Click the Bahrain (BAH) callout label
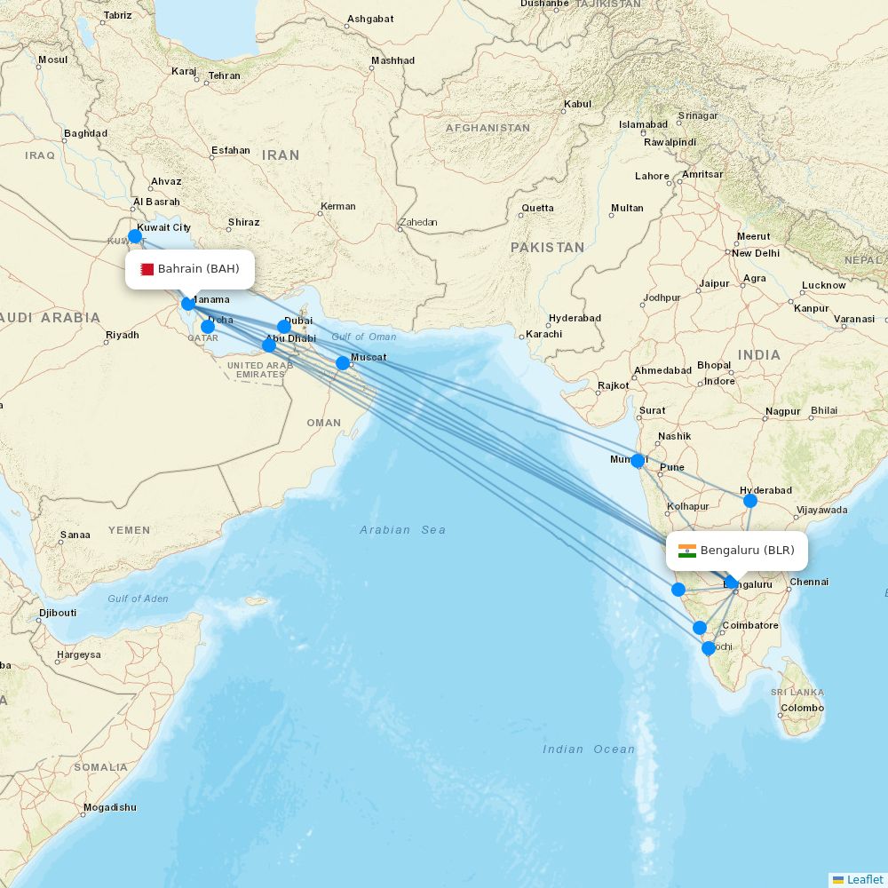(x=189, y=269)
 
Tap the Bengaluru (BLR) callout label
(x=737, y=551)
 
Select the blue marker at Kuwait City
(x=134, y=236)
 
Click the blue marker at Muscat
(x=343, y=362)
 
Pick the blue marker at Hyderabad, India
(x=750, y=501)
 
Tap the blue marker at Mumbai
(x=638, y=461)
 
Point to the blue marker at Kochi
(x=709, y=648)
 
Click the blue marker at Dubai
(x=284, y=327)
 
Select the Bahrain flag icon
(x=147, y=269)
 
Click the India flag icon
(x=687, y=551)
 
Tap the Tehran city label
(x=224, y=75)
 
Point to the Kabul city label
(x=577, y=104)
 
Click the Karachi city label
(x=543, y=334)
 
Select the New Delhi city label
(x=755, y=253)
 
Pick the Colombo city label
(x=802, y=709)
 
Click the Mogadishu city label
(x=109, y=807)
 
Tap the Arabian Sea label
(x=402, y=530)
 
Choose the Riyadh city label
(x=123, y=335)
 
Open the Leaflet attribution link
(x=865, y=879)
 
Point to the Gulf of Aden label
(x=138, y=599)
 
